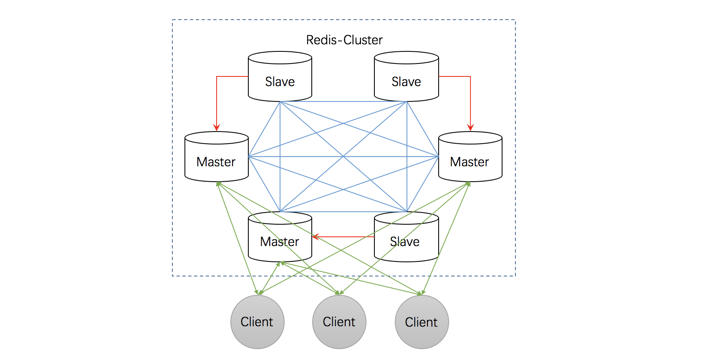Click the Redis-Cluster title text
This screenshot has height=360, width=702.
click(x=344, y=40)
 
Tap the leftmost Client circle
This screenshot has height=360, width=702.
click(x=257, y=322)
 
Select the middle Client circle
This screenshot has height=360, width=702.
click(x=339, y=322)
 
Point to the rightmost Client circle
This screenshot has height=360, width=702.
click(x=422, y=322)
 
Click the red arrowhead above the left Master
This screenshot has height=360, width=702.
click(x=217, y=128)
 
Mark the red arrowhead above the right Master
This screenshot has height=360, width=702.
click(x=470, y=128)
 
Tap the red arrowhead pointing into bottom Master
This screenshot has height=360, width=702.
click(x=316, y=237)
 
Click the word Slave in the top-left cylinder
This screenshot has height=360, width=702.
click(x=280, y=82)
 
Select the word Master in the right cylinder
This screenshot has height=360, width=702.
click(x=469, y=162)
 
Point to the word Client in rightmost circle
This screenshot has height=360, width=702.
click(x=421, y=322)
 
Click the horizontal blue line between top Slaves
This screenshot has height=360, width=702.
click(x=343, y=101)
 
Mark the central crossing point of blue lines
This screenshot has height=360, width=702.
click(x=343, y=157)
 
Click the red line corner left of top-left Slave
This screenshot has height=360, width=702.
click(x=217, y=76)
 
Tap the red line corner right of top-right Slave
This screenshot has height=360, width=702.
click(x=470, y=76)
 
